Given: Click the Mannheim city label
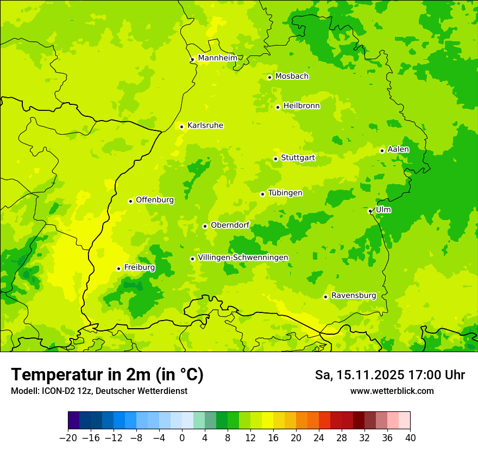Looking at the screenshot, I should point(217,58).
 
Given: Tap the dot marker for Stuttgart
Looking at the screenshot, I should point(275,159).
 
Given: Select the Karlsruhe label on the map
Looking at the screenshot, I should point(205,126).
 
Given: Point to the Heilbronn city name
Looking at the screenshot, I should point(301,106).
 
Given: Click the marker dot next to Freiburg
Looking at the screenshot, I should point(118,268).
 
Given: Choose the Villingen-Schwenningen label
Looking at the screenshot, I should point(243,258).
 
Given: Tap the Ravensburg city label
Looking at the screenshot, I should point(353,296).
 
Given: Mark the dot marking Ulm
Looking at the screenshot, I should point(370,211).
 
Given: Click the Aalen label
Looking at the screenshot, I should point(398,149).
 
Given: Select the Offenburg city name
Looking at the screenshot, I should point(154,200).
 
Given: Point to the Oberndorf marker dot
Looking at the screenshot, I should point(205,226).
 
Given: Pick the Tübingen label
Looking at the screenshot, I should point(285,193).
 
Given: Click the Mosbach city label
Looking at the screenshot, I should point(291,77).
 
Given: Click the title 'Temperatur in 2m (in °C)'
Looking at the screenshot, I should point(107,375).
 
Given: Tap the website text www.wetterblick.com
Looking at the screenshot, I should point(392,391).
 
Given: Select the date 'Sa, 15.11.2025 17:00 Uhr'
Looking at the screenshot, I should point(389,375).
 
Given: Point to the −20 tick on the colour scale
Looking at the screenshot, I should point(68,438).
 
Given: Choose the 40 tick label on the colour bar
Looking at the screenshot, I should point(410,438).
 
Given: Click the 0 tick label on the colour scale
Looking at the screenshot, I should point(182,438).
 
